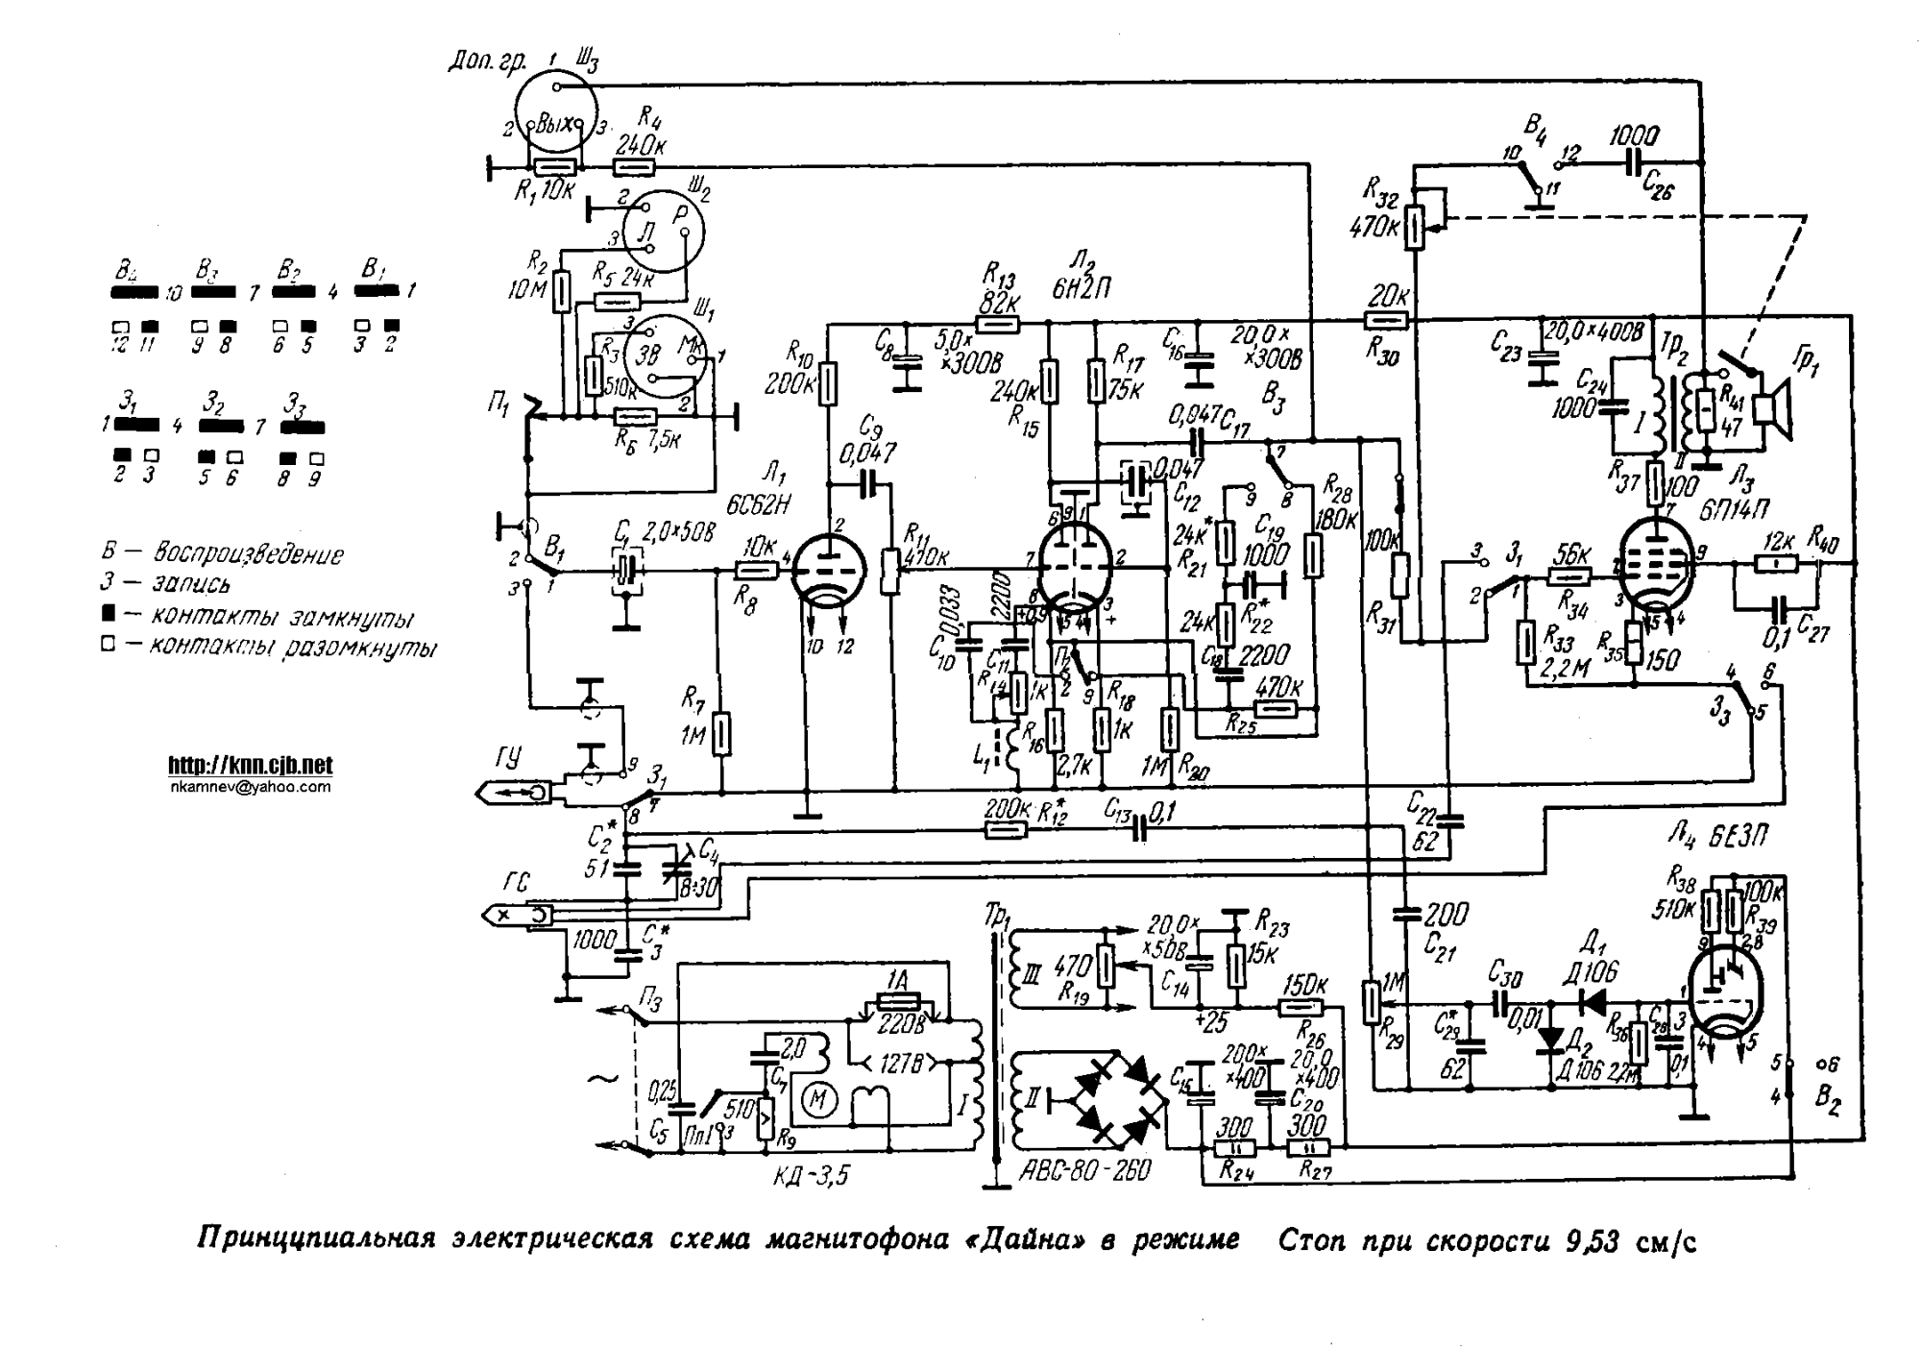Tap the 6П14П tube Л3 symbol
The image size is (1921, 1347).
pyautogui.click(x=1654, y=566)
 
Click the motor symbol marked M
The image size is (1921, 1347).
pyautogui.click(x=819, y=1099)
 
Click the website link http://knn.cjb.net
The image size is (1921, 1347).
pyautogui.click(x=250, y=766)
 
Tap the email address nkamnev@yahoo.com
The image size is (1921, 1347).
pyautogui.click(x=250, y=787)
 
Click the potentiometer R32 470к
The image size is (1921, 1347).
pyautogui.click(x=1415, y=227)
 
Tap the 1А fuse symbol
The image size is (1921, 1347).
pyautogui.click(x=897, y=1003)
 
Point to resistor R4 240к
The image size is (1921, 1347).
pyautogui.click(x=634, y=168)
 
